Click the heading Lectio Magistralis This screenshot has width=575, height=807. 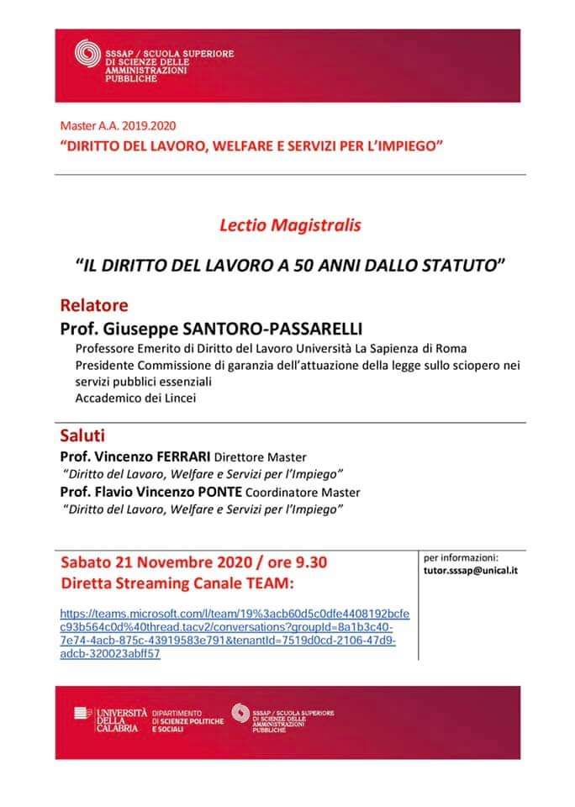(x=290, y=225)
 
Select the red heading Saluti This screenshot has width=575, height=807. (x=83, y=436)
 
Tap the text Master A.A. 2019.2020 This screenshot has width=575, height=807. (x=118, y=125)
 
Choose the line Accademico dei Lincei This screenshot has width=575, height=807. (x=135, y=398)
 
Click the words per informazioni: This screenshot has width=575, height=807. (x=462, y=556)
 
